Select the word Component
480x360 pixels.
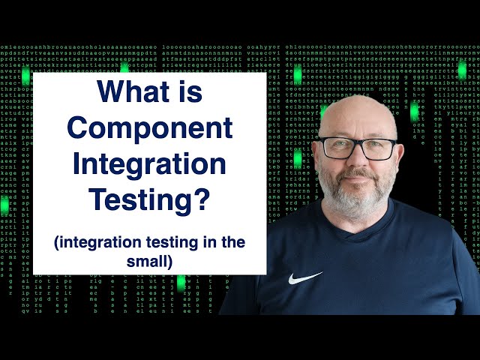(150, 128)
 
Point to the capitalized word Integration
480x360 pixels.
(149, 164)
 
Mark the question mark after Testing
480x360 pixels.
(201, 199)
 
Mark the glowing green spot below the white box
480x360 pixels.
(181, 283)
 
